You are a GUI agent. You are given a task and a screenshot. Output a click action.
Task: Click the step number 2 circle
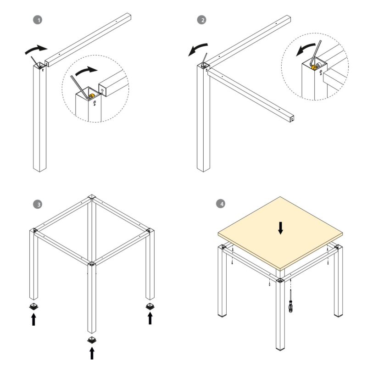tap(201, 20)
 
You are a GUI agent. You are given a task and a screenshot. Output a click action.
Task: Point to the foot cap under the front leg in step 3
tap(92, 339)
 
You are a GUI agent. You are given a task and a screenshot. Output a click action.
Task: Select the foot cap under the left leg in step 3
tap(33, 306)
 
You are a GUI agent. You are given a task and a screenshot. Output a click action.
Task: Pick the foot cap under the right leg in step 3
tap(150, 306)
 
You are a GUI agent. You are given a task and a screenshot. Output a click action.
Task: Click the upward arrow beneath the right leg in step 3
tap(150, 318)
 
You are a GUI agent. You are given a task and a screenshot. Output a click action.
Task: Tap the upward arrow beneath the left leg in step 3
tap(33, 319)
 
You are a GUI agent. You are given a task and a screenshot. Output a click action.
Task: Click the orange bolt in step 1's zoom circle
tap(91, 96)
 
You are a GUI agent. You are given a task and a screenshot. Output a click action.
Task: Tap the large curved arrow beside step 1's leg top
tap(36, 49)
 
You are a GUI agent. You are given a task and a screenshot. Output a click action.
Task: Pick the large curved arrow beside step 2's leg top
tap(198, 48)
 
